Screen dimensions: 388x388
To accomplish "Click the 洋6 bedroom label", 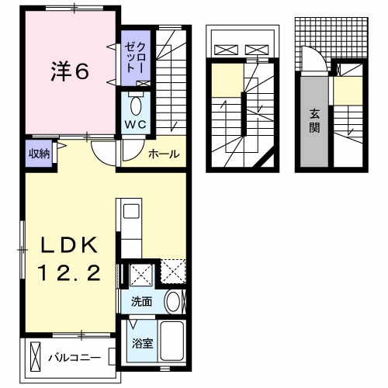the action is (x=70, y=71).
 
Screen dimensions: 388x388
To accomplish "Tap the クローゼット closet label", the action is (x=135, y=58).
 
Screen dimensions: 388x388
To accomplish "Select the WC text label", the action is (x=136, y=125).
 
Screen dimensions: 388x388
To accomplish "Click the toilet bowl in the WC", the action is (x=136, y=106).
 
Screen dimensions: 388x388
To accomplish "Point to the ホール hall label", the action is (x=164, y=154).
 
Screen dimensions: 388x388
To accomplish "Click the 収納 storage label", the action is (x=39, y=154).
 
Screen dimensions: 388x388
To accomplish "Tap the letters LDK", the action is (x=69, y=244).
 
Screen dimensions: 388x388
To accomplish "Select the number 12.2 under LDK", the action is (x=69, y=273).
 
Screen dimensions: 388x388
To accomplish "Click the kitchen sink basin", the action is (x=131, y=211).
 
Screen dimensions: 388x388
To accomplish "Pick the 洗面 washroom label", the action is (x=141, y=302).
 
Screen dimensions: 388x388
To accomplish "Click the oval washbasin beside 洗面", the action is (x=173, y=301).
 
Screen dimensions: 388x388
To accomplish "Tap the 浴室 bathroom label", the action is (x=142, y=343).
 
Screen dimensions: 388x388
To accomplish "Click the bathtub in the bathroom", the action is (x=171, y=341).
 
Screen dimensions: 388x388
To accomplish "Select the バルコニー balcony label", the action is (x=74, y=358).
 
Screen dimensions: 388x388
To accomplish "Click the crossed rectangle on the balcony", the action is (x=35, y=357).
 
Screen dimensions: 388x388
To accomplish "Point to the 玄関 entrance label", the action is (x=314, y=121).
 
